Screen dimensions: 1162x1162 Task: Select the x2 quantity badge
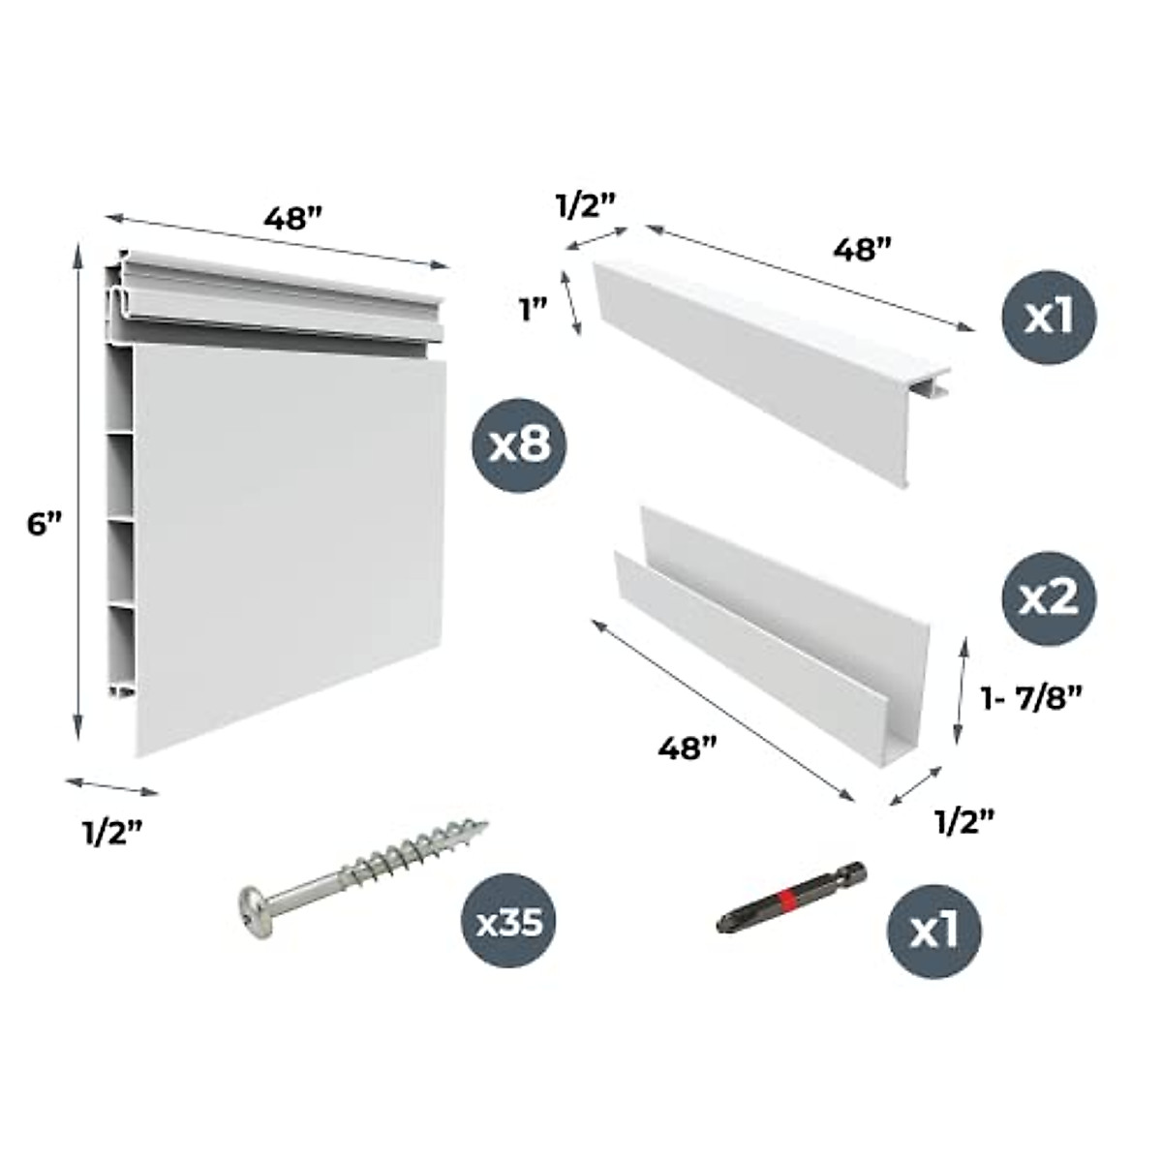point(1049,597)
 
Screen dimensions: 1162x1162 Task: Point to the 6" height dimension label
point(45,523)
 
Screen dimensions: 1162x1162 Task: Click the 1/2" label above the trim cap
point(587,205)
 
